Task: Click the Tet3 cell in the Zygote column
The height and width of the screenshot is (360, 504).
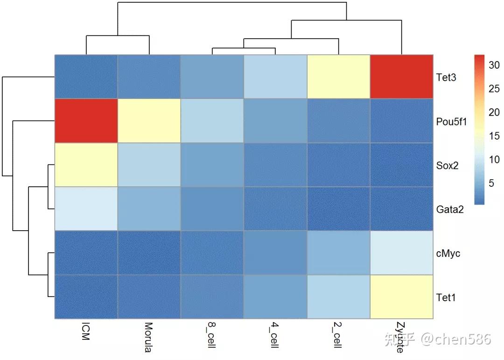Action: coord(402,77)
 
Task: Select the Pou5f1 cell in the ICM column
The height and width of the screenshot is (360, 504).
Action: coord(86,121)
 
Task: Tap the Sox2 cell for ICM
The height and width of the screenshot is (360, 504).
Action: coord(86,165)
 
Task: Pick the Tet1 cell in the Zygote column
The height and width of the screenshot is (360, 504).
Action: coord(402,297)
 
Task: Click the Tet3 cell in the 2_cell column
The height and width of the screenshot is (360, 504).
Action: coord(338,77)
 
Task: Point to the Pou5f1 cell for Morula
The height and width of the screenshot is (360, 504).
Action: coord(149,121)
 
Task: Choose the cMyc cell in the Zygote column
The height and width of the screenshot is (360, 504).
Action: coord(402,253)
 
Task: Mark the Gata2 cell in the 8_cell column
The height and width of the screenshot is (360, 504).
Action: coord(212,209)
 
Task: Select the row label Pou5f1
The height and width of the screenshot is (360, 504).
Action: coord(451,121)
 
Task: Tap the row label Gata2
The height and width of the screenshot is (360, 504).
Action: coord(450,210)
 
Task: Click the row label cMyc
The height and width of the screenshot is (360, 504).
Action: coord(448,254)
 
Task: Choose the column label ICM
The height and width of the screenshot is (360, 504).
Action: coord(85,330)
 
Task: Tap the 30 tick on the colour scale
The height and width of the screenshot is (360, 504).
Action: coord(494,65)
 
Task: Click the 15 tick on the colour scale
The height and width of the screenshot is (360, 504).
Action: coord(494,136)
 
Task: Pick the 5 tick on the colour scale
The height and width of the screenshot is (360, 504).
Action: coord(491,183)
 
